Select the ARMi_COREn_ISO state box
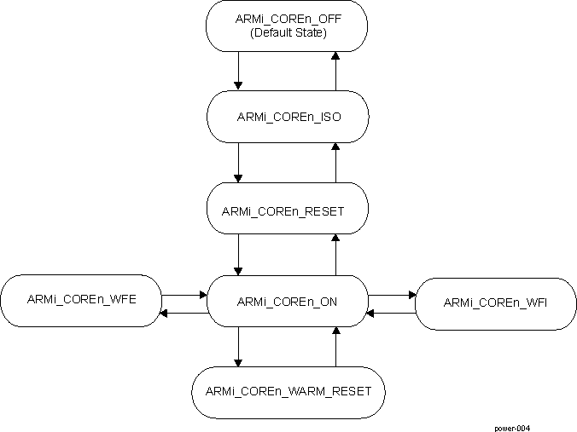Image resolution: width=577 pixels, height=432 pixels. click(x=287, y=116)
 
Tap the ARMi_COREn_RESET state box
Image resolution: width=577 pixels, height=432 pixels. click(x=287, y=210)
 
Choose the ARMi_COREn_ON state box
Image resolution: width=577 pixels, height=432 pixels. click(x=287, y=301)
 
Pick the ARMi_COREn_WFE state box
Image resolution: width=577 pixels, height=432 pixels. click(x=81, y=300)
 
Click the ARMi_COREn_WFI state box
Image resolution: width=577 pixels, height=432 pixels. click(x=495, y=303)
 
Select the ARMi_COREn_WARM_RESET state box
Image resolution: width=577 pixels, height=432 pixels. click(x=287, y=392)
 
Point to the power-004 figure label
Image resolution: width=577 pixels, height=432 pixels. click(x=517, y=427)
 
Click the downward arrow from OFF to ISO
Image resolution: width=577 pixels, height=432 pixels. click(x=238, y=70)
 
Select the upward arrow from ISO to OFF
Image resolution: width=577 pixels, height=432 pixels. click(x=335, y=70)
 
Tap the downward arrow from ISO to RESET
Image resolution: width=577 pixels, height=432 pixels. click(x=238, y=162)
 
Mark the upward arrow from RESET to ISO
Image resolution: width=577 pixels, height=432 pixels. click(x=335, y=162)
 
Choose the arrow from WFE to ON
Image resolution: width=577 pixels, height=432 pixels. click(x=184, y=295)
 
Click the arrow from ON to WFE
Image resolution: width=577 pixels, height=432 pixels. click(x=184, y=313)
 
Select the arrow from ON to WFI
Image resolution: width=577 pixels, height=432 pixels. click(x=391, y=295)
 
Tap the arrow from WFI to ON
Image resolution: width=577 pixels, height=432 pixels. click(x=391, y=313)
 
